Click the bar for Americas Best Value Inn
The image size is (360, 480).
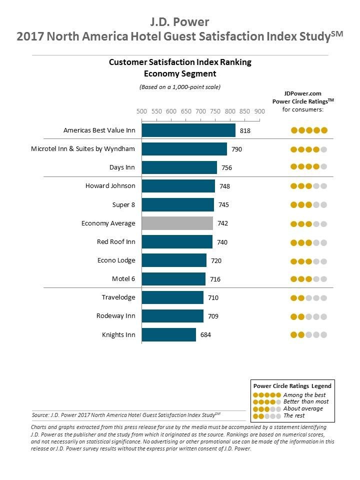(188, 130)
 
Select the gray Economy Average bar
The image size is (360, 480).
(177, 223)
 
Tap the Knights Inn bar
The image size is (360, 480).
(169, 334)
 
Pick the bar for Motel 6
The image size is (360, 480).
(173, 279)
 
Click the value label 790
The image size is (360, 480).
(236, 149)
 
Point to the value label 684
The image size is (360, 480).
(205, 335)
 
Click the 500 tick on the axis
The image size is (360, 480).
(142, 112)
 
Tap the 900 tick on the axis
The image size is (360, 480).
(259, 112)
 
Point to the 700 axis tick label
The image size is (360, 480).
(200, 112)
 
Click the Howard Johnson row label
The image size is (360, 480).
(110, 186)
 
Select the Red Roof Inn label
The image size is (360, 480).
(116, 241)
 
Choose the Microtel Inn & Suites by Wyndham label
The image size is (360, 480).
(83, 148)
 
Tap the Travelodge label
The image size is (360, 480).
(118, 297)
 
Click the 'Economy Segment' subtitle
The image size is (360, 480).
(180, 73)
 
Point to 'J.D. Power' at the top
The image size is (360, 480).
(180, 21)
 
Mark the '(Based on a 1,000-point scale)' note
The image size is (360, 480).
(180, 87)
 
